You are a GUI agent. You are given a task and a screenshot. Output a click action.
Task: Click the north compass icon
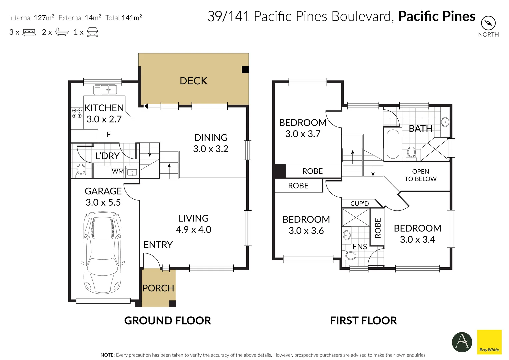(x=488, y=23)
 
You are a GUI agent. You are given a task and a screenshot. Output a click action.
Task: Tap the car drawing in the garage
(x=103, y=253)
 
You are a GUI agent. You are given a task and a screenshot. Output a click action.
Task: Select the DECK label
(x=193, y=81)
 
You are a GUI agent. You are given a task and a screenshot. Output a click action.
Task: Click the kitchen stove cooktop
(x=77, y=113)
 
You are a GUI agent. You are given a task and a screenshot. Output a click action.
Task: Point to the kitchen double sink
(x=105, y=90)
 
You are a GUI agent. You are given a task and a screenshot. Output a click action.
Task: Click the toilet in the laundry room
(x=81, y=170)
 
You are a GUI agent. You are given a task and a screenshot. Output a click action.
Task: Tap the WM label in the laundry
(x=118, y=171)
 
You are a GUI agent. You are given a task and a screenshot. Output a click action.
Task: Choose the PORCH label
(x=158, y=288)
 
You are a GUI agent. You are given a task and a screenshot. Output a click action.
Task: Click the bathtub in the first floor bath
(x=392, y=144)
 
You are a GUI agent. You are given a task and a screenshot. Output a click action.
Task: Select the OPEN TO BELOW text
(x=420, y=175)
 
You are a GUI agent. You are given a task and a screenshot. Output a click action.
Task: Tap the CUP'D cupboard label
(x=359, y=204)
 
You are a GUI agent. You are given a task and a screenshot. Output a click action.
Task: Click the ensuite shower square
(x=356, y=217)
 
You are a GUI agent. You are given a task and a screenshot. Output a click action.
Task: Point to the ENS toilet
(x=350, y=256)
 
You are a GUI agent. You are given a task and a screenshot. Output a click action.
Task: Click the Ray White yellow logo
(x=489, y=341)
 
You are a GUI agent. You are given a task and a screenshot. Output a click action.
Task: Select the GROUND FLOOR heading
(x=167, y=321)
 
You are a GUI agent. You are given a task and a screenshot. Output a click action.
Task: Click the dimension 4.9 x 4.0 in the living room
(x=193, y=230)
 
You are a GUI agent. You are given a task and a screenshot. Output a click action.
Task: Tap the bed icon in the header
(x=29, y=33)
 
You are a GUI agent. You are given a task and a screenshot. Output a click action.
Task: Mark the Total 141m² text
(x=124, y=18)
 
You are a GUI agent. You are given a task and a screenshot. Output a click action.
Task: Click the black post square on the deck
(x=245, y=69)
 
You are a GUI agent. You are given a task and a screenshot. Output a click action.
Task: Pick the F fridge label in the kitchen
(x=109, y=135)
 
